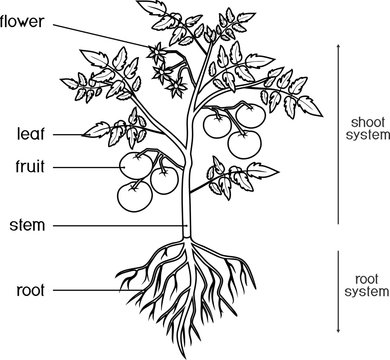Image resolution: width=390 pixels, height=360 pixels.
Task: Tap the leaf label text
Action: tap(30, 132)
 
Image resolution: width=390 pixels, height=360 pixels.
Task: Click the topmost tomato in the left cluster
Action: tap(135, 165)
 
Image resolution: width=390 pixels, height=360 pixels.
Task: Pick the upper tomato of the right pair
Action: tap(219, 125)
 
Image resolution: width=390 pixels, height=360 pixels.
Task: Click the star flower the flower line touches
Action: tap(157, 52)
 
